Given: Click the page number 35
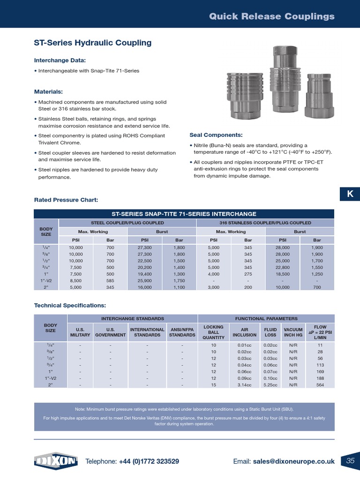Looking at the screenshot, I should coord(350,461).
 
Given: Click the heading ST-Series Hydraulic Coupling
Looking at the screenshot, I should coord(93,43).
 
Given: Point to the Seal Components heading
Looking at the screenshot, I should coord(216,135).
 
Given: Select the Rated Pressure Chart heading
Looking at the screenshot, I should coord(66,200).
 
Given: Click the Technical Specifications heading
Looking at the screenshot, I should coord(70,305).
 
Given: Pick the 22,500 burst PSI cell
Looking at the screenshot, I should coord(144,261).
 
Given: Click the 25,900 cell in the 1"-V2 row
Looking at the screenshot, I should coord(144,280).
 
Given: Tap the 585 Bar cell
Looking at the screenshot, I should coord(110,280).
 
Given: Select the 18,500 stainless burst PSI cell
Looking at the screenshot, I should coord(283,274).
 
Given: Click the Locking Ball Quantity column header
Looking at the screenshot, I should coord(213,332).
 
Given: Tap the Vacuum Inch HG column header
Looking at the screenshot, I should coord(293,332).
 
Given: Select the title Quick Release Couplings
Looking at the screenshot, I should coord(271,16).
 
